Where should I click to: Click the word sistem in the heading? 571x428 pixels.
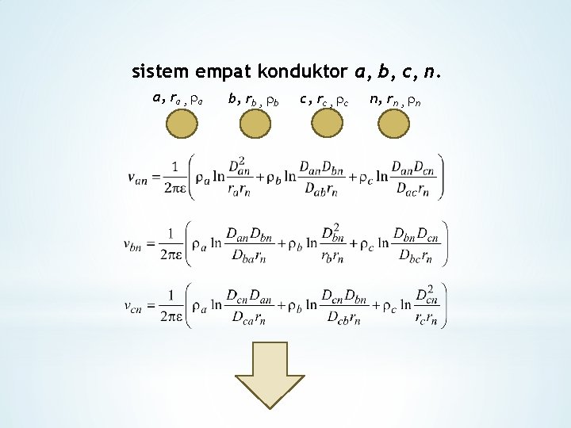pos(159,73)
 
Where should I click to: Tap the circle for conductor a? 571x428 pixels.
pos(182,124)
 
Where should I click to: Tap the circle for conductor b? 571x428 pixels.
pos(254,124)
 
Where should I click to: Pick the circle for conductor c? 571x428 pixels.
pos(326,124)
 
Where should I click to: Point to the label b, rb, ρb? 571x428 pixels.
pos(253,100)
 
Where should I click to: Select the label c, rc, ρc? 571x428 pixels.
pos(325,100)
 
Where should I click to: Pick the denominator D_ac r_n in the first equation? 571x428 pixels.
pos(410,190)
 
